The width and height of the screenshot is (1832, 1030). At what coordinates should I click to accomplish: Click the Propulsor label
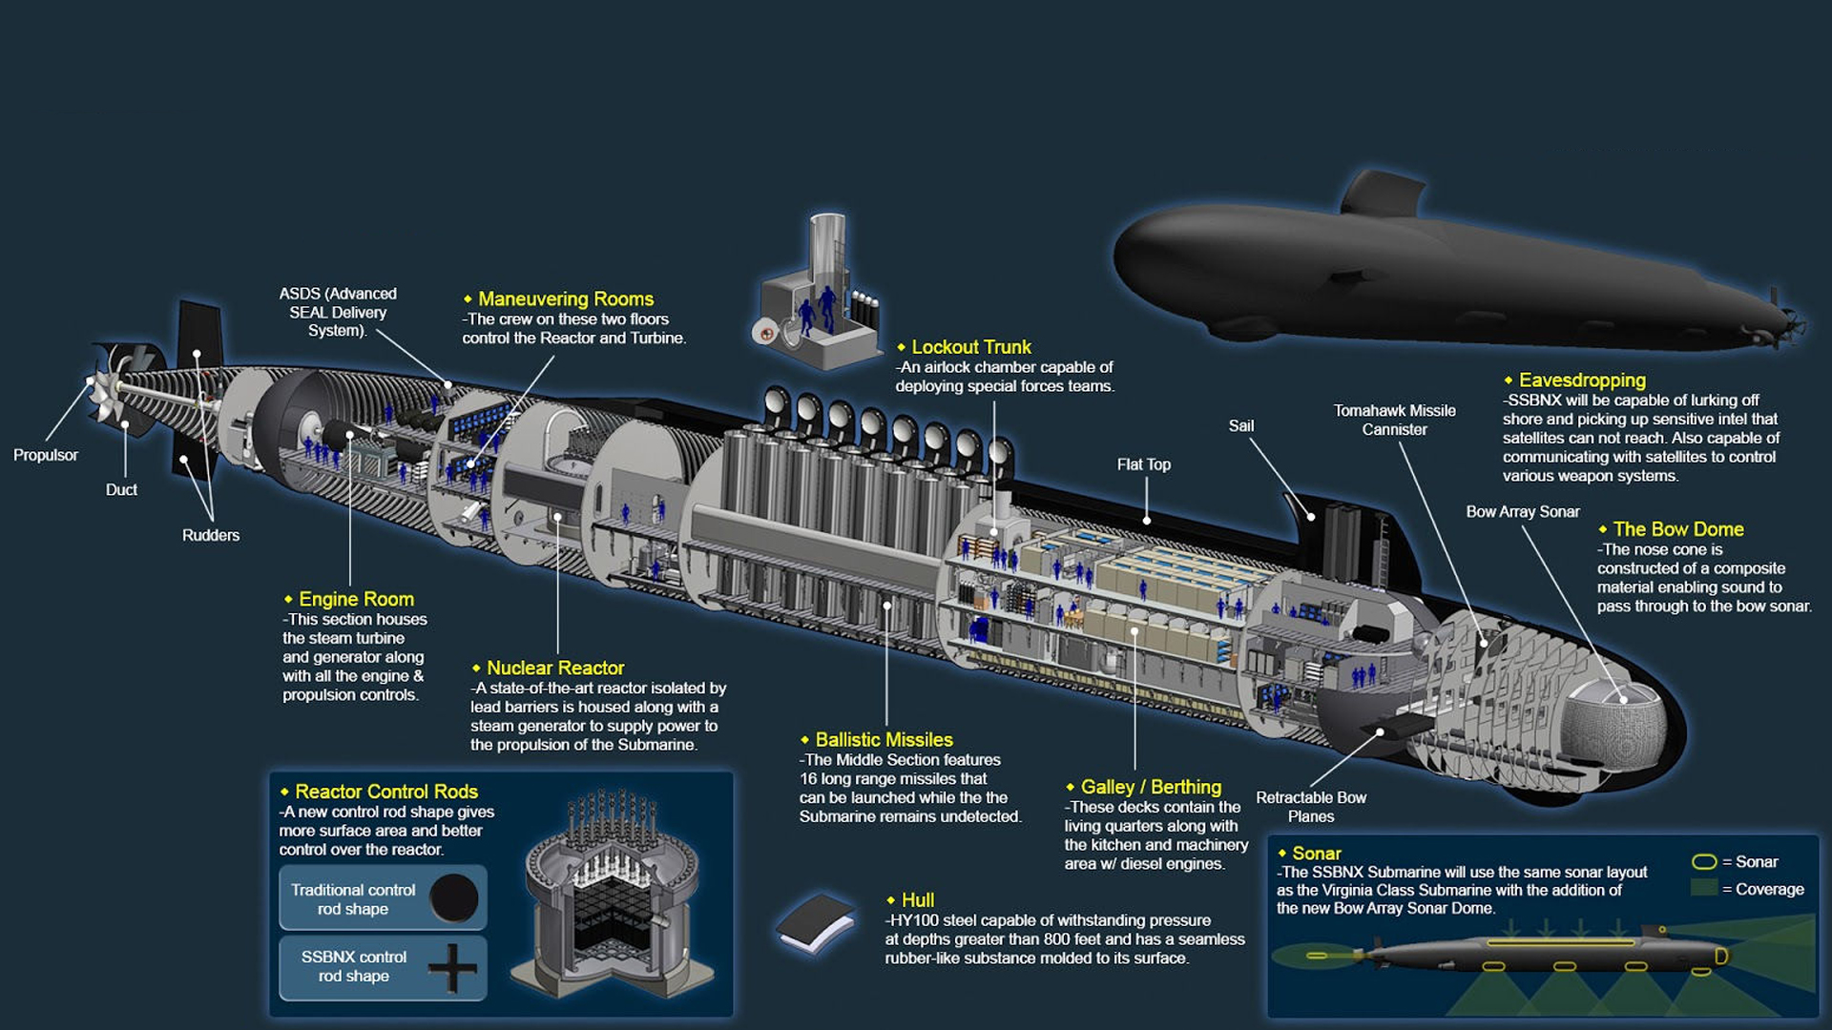point(46,455)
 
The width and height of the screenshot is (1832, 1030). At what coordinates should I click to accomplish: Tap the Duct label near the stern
point(121,489)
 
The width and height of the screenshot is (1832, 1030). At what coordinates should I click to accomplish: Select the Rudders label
point(211,535)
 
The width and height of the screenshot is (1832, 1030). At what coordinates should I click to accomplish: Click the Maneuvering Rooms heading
point(565,299)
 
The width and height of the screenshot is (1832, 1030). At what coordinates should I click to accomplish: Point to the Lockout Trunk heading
point(970,347)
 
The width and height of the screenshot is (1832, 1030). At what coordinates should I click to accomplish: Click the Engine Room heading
point(356,599)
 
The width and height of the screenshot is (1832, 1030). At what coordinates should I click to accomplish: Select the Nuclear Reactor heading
point(554,668)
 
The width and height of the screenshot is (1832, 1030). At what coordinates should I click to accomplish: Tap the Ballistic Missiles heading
point(884,739)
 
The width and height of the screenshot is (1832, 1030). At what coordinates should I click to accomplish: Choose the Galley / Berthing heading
point(1150,787)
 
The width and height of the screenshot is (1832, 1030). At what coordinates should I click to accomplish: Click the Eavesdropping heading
point(1581,380)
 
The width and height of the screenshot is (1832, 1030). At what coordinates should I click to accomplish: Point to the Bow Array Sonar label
point(1522,512)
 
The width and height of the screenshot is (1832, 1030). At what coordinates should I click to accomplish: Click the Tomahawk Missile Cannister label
point(1394,420)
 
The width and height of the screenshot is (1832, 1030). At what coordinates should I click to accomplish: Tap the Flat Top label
point(1143,464)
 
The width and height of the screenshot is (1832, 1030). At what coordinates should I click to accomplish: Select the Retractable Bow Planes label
point(1311,807)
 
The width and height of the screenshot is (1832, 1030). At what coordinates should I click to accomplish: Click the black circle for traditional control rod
point(454,897)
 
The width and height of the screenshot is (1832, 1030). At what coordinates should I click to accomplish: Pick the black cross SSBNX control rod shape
point(452,968)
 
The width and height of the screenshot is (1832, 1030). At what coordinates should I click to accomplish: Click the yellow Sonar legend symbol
point(1703,862)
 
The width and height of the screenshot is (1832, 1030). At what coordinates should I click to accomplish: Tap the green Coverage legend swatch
point(1703,888)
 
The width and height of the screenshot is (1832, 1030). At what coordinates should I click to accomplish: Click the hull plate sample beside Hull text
point(816,923)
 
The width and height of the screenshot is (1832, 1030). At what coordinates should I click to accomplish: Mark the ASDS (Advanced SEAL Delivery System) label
point(338,312)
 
